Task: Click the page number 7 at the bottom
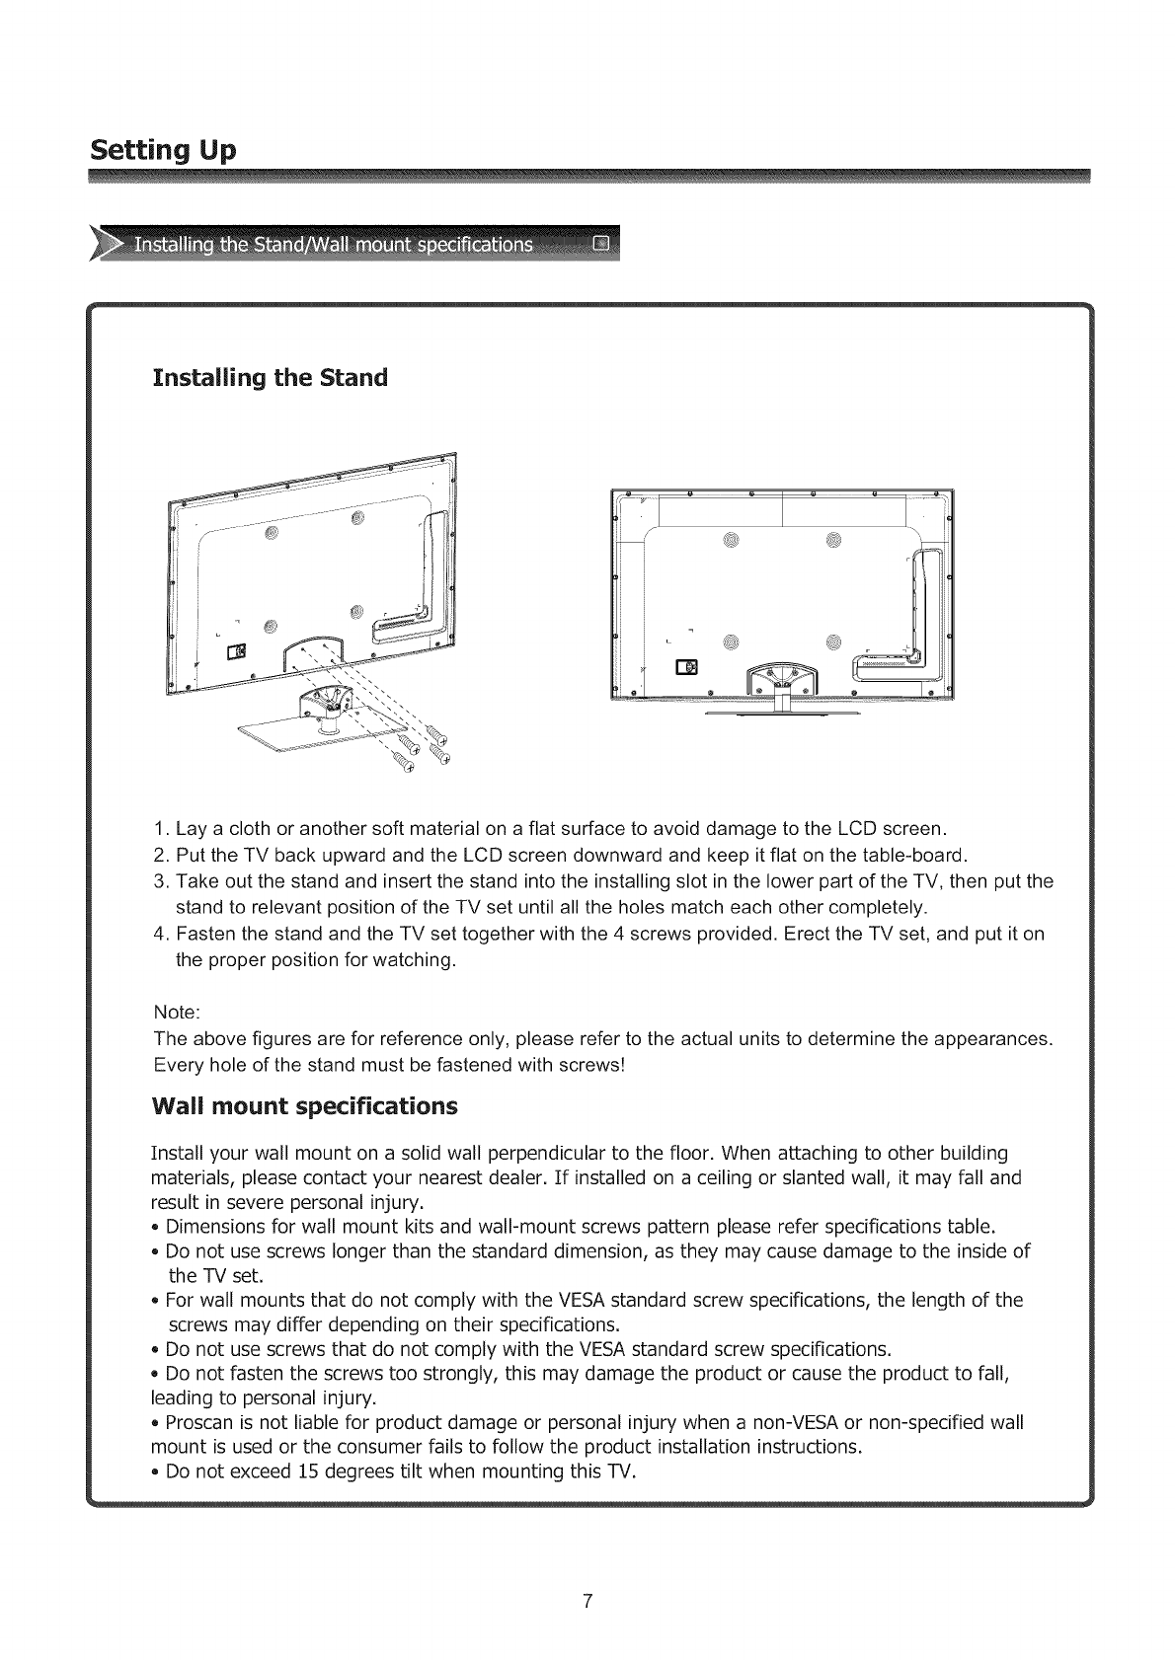click(587, 1602)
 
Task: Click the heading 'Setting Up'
click(163, 151)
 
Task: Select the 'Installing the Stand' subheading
click(270, 378)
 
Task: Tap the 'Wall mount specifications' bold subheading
click(304, 1105)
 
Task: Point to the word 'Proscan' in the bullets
click(197, 1422)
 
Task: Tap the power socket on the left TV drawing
click(236, 652)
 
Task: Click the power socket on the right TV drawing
click(684, 666)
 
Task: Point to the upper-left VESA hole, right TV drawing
click(730, 539)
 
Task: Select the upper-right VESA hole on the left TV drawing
click(357, 518)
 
